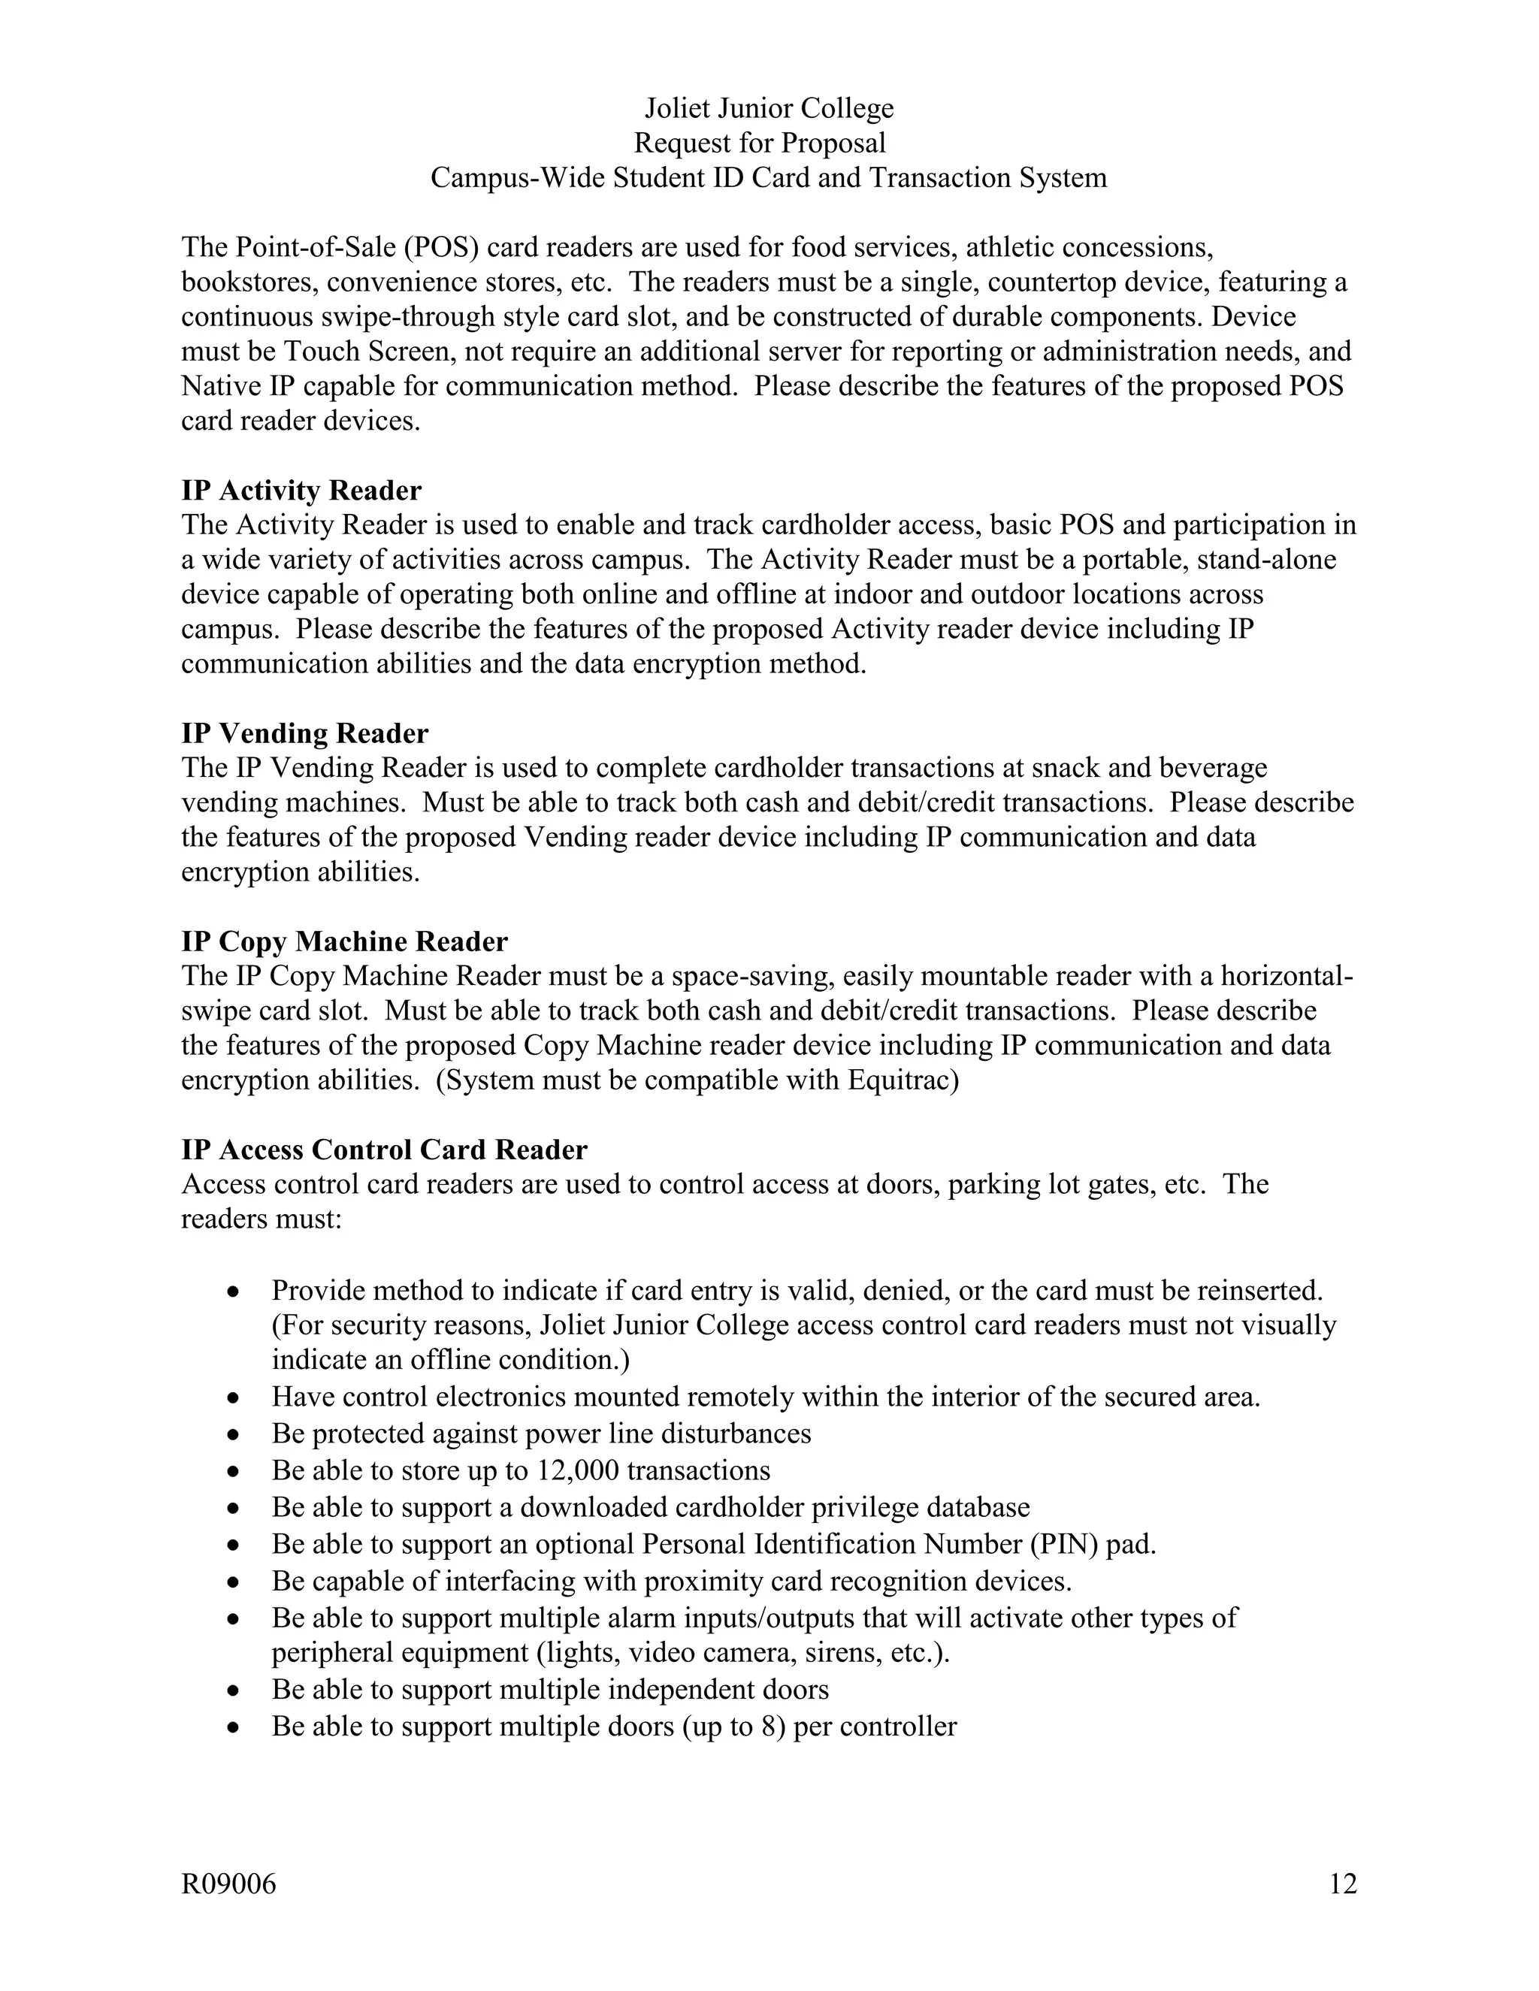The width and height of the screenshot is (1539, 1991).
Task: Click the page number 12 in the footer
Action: [1343, 1884]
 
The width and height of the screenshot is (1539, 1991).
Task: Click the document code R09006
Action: [228, 1884]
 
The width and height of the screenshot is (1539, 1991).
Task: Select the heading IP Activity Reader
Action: [301, 491]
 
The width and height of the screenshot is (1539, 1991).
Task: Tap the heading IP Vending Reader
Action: [304, 733]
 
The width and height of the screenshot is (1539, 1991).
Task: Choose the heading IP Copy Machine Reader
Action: [343, 941]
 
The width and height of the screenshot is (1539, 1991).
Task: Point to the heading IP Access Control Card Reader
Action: [384, 1150]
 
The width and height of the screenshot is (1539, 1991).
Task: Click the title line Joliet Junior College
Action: [769, 108]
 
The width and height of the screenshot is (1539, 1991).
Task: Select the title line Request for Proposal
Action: [760, 143]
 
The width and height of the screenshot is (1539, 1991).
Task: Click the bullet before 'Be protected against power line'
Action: [234, 1435]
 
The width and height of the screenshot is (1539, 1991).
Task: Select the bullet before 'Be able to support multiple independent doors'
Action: [234, 1691]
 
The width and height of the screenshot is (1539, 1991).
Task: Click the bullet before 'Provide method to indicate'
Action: [234, 1292]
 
